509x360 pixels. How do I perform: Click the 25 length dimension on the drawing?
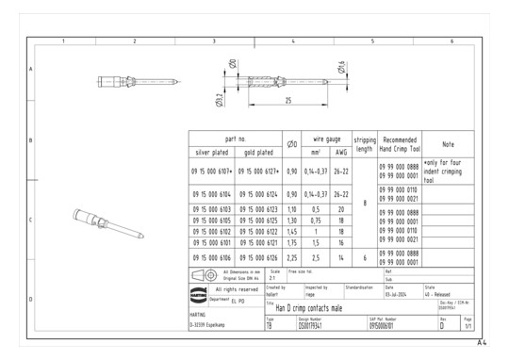tap(287, 99)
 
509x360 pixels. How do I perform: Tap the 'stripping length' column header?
tap(364, 144)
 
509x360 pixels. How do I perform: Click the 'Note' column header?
tap(449, 144)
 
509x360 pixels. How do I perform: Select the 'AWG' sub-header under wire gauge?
tap(340, 151)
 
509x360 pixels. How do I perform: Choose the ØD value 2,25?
tap(292, 255)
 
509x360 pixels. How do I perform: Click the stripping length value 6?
tap(364, 255)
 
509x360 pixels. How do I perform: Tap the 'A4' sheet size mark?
tap(483, 343)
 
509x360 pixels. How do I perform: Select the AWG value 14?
tap(340, 255)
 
